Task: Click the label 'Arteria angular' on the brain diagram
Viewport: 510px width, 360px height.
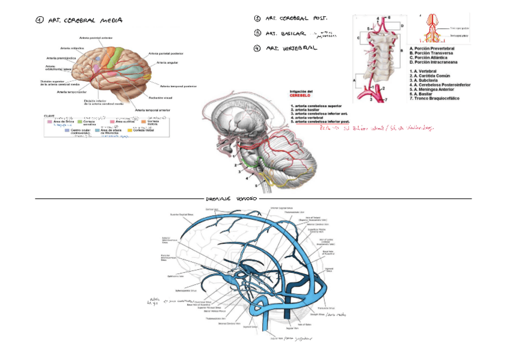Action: [x=166, y=62]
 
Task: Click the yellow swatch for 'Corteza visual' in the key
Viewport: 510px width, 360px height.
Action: [x=129, y=130]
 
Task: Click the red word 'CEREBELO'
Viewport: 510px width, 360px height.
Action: [x=300, y=96]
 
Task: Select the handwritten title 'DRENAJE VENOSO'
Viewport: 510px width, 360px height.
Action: [x=232, y=198]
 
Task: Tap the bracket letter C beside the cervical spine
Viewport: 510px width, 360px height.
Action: [x=358, y=38]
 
